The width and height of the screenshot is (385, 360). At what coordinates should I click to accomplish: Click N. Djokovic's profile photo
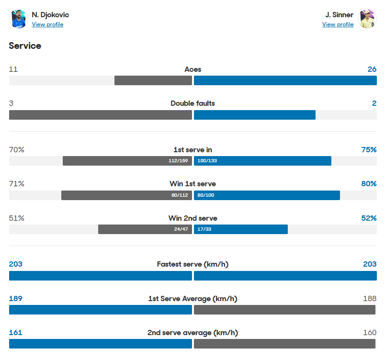point(19,19)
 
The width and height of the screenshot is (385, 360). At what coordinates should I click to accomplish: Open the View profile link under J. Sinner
point(338,24)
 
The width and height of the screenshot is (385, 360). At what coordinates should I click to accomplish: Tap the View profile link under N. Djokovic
point(47,24)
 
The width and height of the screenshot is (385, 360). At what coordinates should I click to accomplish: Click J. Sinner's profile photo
point(367,19)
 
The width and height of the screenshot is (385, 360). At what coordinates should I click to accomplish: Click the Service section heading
point(25,46)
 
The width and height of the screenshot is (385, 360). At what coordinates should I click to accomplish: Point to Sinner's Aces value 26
point(372,69)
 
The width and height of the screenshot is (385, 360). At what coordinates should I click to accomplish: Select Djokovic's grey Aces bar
point(153,80)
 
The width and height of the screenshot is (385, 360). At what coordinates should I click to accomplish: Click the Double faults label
point(192,103)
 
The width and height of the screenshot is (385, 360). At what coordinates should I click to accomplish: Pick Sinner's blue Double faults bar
point(254,115)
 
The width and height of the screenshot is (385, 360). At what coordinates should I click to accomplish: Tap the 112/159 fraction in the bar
point(178,161)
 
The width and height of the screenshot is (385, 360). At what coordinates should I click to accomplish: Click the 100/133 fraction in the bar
point(207,161)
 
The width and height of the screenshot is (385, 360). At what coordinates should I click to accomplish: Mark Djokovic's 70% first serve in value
point(17,150)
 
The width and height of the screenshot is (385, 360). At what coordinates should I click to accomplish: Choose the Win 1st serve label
point(192,184)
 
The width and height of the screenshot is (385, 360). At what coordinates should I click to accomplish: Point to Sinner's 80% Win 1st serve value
point(369,184)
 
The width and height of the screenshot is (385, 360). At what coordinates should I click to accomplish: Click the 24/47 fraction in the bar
point(181,229)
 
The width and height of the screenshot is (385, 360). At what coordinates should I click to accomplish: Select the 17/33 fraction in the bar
point(204,229)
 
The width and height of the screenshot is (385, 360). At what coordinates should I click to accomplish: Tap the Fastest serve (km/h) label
point(192,264)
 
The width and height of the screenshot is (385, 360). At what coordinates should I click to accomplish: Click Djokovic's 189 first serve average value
point(16,299)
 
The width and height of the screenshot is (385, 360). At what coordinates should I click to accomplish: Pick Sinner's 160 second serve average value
point(369,333)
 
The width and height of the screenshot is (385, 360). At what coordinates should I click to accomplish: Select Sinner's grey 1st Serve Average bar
point(284,310)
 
